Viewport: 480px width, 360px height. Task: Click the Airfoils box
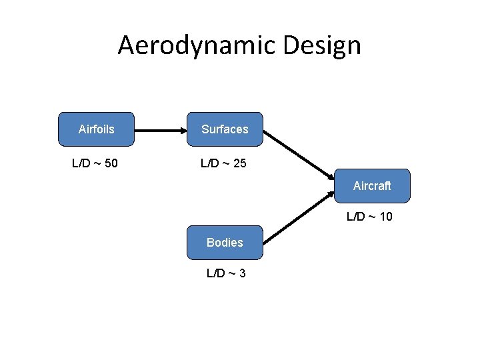pos(96,129)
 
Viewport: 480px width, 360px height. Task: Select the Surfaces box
pos(225,129)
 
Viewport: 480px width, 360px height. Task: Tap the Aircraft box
pos(372,186)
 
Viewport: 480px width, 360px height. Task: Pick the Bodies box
pos(225,243)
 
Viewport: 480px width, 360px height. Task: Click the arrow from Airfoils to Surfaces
pos(160,129)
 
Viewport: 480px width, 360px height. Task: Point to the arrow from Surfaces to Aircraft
pos(299,154)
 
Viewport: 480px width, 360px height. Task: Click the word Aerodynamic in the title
pos(197,45)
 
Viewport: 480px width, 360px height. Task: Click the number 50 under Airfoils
pos(111,163)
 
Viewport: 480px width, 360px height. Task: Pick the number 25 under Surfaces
pos(240,163)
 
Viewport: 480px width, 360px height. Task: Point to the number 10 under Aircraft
pos(385,216)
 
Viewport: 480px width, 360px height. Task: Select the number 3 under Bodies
pos(242,273)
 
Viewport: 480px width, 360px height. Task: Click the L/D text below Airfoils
pos(81,163)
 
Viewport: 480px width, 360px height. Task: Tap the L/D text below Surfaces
pos(210,163)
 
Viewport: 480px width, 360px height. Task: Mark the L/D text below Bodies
pos(216,273)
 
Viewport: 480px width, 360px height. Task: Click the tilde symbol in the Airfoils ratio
pos(97,163)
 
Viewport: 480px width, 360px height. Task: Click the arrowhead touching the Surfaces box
pos(183,129)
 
